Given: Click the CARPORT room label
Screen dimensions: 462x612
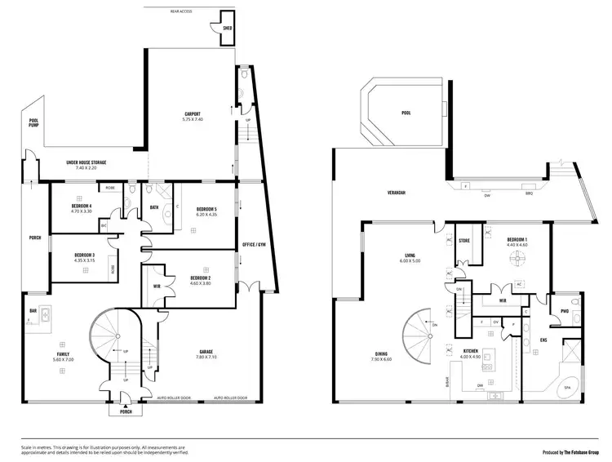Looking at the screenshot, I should [x=193, y=113].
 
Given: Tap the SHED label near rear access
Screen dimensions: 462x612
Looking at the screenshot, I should [x=228, y=28].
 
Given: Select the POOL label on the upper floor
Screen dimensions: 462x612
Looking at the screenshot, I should [x=406, y=113].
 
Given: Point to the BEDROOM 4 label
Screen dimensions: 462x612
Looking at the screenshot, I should [x=82, y=206].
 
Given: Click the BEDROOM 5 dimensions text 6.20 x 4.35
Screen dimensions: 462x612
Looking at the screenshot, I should [x=206, y=215].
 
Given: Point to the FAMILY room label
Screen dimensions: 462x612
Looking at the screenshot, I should [x=62, y=354].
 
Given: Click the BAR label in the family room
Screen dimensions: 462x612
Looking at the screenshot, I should [x=33, y=311].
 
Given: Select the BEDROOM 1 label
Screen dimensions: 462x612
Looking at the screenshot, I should [x=517, y=239].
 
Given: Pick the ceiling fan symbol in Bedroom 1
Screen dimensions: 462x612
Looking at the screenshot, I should [x=516, y=259].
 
